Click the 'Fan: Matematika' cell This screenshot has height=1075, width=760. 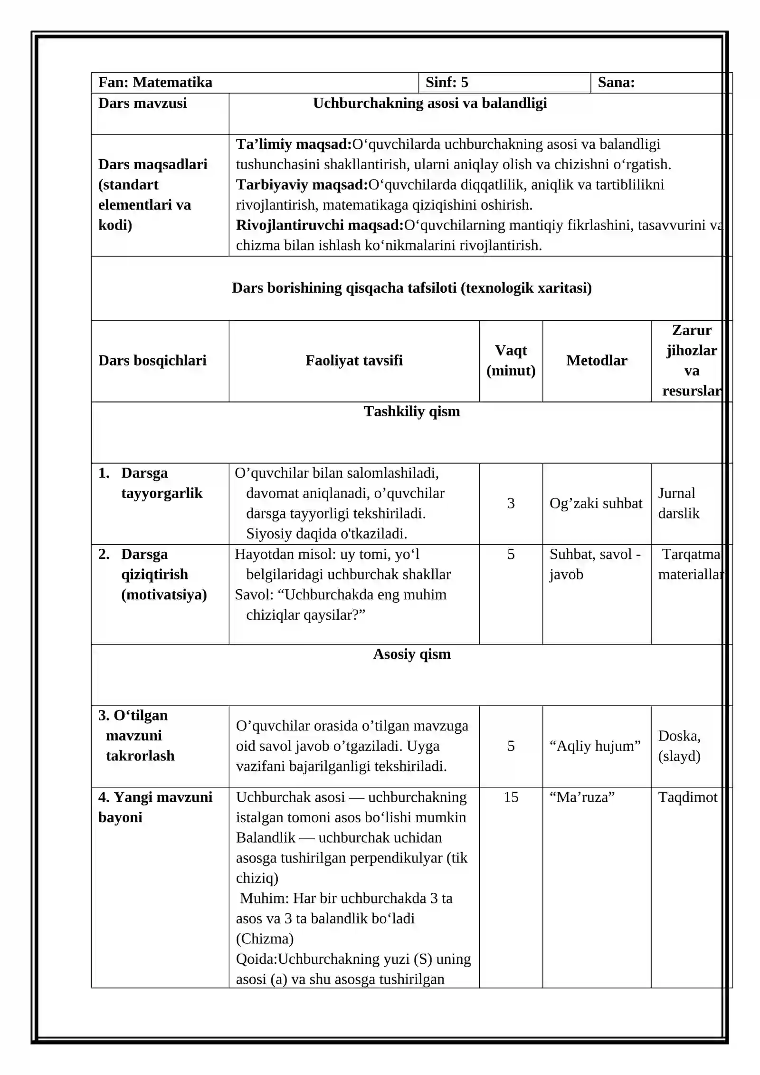(155, 83)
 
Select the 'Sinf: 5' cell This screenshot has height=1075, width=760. (447, 83)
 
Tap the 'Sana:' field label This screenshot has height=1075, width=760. (616, 83)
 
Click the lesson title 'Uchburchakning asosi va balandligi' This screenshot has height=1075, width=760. (430, 103)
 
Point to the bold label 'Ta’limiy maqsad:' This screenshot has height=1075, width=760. (294, 144)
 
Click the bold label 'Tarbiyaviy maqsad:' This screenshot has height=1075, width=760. (302, 185)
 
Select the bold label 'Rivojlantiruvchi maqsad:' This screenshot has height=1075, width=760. (320, 225)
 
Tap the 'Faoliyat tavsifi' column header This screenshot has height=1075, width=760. (354, 361)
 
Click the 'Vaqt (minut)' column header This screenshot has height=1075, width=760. (511, 361)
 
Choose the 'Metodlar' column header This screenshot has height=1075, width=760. (597, 361)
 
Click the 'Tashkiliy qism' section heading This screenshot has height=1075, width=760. (412, 412)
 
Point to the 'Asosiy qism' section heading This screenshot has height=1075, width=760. (412, 654)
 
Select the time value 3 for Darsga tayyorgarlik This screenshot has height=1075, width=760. (511, 504)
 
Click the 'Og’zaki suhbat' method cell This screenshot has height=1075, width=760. (596, 504)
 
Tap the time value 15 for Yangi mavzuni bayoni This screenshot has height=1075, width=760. (511, 797)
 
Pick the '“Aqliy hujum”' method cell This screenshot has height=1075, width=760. (595, 746)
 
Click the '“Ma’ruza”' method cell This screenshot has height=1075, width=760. (582, 797)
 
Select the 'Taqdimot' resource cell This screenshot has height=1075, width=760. (687, 797)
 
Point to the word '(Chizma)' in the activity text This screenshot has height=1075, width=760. (265, 939)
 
